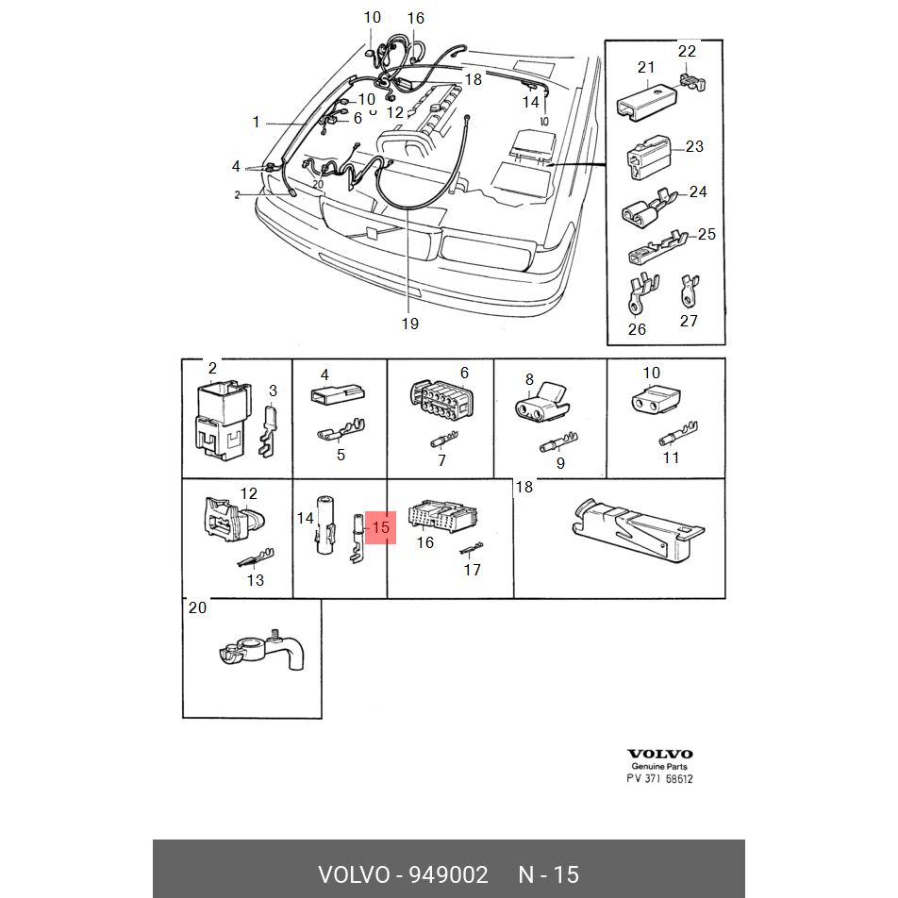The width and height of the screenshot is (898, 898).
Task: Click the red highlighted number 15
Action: coord(381,527)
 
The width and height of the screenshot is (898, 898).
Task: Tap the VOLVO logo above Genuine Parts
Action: coord(659,755)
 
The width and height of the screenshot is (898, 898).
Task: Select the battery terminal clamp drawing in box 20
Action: coord(261,653)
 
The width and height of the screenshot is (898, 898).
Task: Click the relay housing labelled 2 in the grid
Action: coord(224,420)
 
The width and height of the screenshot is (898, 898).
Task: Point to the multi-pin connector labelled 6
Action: coord(441,400)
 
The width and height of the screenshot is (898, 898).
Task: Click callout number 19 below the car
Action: coord(410,324)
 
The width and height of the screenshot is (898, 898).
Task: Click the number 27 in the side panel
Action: coord(689,321)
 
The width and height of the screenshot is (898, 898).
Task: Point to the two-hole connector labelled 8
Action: coord(541,402)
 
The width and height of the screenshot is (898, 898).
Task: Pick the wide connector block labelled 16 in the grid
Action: coord(442,517)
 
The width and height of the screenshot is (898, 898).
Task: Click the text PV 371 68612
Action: coord(659,779)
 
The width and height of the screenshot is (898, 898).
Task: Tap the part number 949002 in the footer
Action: coord(448,874)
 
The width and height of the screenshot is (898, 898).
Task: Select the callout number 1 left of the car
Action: coord(256,122)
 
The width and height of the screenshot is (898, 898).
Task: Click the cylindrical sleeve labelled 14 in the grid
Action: coord(326,524)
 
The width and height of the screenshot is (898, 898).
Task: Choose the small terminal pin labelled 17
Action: coord(472,549)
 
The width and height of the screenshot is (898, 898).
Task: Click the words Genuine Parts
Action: coord(659,766)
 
